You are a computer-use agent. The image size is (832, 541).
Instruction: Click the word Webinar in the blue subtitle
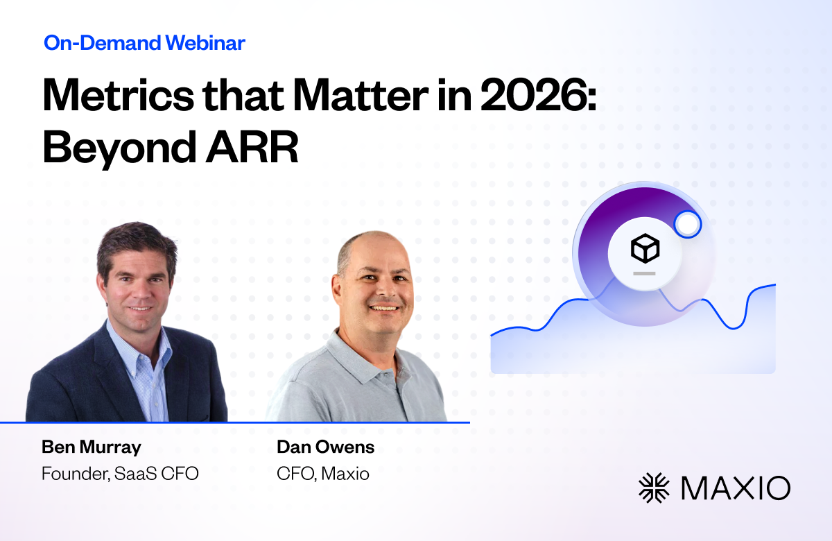(205, 43)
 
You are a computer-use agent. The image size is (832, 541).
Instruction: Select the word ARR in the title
(252, 147)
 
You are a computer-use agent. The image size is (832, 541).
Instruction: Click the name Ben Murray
(92, 447)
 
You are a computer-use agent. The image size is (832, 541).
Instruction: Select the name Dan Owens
(325, 447)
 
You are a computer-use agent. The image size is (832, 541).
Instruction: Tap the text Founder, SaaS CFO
(120, 474)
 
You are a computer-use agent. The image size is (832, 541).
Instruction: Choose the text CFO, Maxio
(323, 474)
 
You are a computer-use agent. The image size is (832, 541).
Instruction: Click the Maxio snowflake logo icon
(654, 488)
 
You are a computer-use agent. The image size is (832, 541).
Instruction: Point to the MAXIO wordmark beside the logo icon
(736, 488)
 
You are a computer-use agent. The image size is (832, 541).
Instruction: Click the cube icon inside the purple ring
(645, 248)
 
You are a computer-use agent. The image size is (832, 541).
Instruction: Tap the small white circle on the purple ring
(688, 224)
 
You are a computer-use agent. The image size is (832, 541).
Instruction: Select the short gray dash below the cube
(644, 273)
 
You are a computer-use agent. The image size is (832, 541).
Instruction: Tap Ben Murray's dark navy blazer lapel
(112, 368)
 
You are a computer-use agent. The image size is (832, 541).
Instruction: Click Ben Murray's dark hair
(137, 241)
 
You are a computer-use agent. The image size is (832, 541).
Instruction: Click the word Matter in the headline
(361, 95)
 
